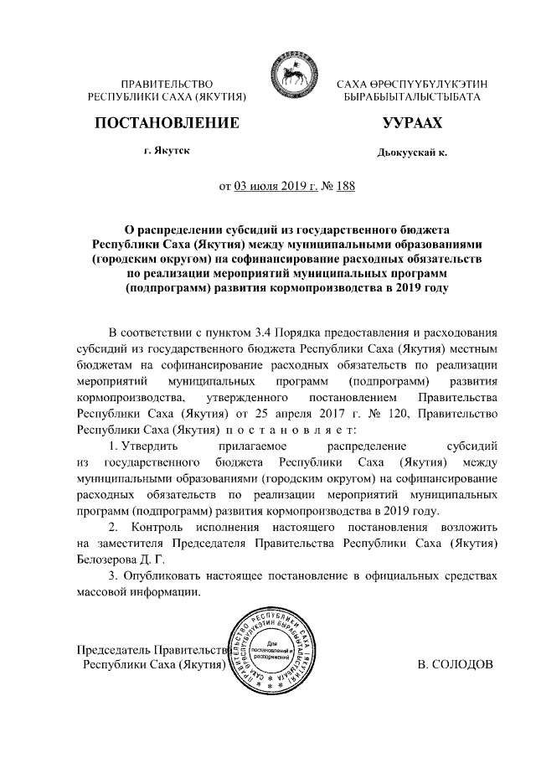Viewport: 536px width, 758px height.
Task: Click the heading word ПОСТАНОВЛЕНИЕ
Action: pyautogui.click(x=167, y=123)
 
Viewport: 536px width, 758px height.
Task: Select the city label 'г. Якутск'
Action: pyautogui.click(x=167, y=151)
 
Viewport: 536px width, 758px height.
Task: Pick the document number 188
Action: pyautogui.click(x=344, y=186)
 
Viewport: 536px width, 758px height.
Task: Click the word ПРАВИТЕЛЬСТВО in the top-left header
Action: pyautogui.click(x=167, y=85)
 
